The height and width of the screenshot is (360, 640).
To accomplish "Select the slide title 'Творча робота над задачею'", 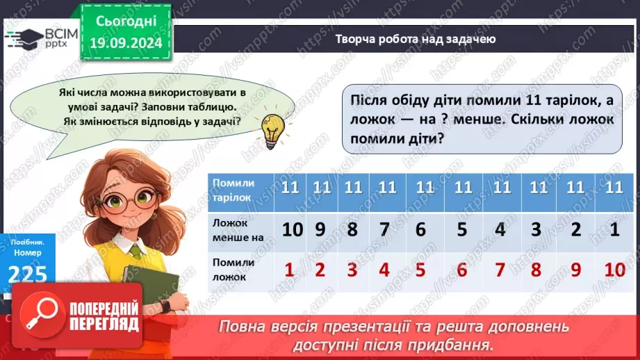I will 415,39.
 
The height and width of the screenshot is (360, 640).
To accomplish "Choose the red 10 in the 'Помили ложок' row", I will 615,269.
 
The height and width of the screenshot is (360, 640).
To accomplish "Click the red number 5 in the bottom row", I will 420,269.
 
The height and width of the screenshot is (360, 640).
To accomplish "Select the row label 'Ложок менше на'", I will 238,229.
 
